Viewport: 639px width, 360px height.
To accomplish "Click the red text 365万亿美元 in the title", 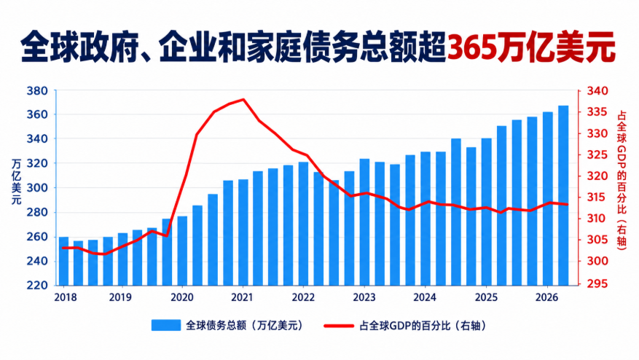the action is tap(531, 48).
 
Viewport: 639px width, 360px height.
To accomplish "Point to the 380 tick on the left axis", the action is tap(37, 90).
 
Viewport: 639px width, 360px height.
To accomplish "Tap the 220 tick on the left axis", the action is tap(37, 286).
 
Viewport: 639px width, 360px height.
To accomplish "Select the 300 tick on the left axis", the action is tap(37, 188).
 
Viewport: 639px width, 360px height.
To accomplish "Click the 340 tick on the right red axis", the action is tap(597, 90).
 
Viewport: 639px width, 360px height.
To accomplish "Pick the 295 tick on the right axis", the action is tap(597, 283).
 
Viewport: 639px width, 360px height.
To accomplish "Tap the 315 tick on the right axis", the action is tap(597, 197).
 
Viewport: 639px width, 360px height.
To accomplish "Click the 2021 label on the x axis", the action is tap(242, 297).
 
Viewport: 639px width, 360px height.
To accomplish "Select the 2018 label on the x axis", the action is tap(65, 297).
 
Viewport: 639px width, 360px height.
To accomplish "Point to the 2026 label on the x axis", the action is tap(546, 297).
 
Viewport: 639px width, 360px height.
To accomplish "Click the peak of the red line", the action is tap(243, 99).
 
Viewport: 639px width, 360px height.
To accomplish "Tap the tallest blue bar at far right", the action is tap(563, 195).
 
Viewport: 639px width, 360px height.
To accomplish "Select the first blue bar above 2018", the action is tap(64, 261).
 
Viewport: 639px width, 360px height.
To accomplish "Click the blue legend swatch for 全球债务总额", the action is tap(166, 325).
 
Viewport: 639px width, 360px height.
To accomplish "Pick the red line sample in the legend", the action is tap(339, 326).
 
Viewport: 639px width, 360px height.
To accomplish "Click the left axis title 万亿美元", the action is tap(16, 181).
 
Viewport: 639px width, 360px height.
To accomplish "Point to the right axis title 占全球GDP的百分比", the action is tap(622, 172).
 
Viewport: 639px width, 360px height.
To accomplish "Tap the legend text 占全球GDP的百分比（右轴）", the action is tap(423, 326).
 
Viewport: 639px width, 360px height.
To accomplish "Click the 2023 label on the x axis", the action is tap(364, 297).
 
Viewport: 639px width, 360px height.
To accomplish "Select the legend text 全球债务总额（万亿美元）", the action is tap(245, 325).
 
